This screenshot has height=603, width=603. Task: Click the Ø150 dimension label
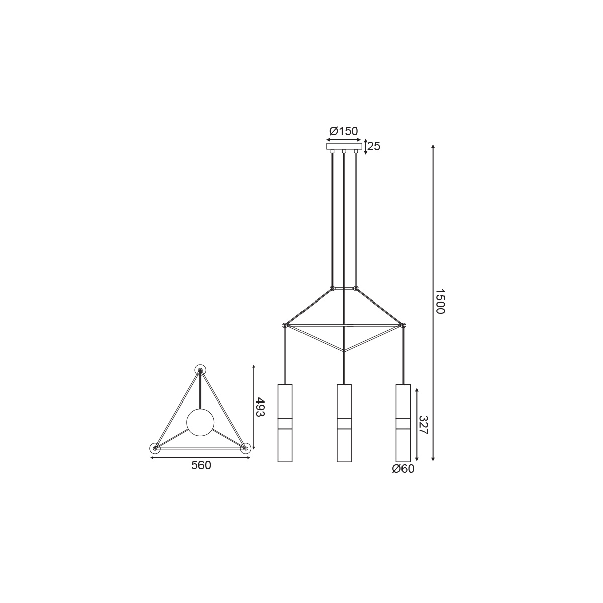[x=344, y=131]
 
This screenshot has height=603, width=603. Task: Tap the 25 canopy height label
[x=374, y=146]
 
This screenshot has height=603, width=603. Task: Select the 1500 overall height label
[x=440, y=301]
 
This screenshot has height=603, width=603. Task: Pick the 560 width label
[x=201, y=465]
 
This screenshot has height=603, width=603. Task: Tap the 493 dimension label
[x=260, y=407]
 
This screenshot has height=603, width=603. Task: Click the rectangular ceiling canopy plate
[x=344, y=146]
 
